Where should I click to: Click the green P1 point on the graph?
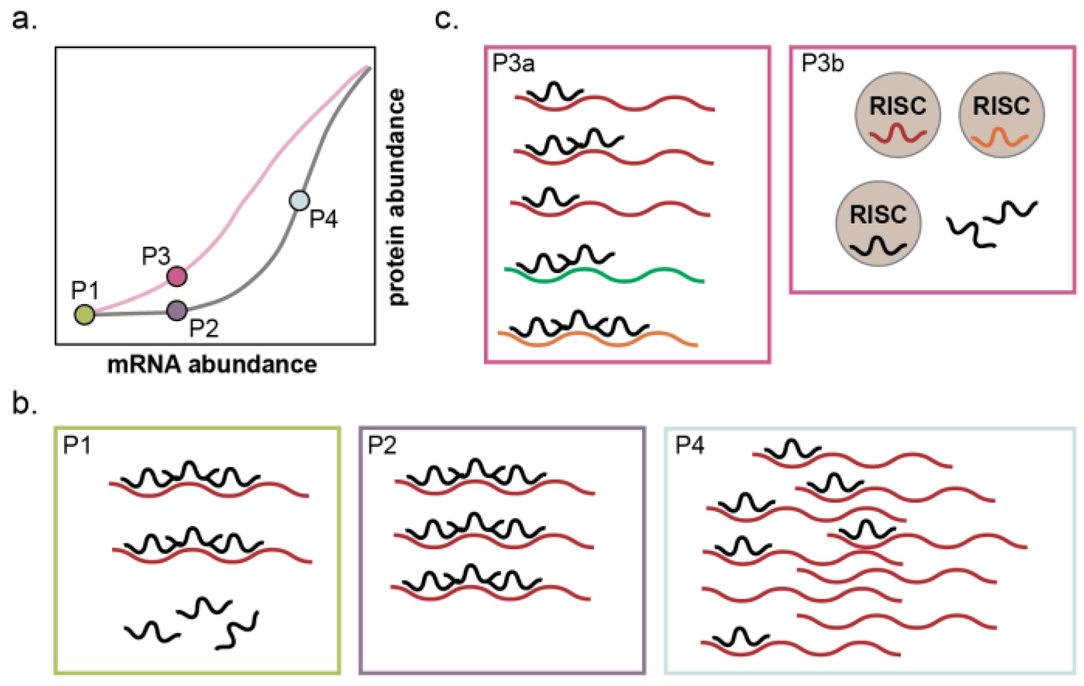point(85,314)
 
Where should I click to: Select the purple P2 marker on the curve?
point(177,310)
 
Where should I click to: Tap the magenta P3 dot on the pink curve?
point(177,276)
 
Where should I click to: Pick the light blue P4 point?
point(300,200)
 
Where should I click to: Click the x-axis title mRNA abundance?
point(212,364)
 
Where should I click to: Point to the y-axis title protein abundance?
point(397,197)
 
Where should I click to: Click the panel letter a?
point(24,21)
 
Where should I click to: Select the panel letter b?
point(24,404)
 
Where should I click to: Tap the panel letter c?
point(446,21)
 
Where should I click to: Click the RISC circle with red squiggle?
point(897,115)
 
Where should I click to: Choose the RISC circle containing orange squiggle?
point(1001,115)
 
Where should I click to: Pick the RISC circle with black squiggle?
point(878,223)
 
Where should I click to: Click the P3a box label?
point(513,63)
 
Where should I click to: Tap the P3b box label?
point(822,63)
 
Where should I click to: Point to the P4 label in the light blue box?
point(689,445)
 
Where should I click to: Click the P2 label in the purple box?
point(382,445)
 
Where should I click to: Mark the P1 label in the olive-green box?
point(76,445)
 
